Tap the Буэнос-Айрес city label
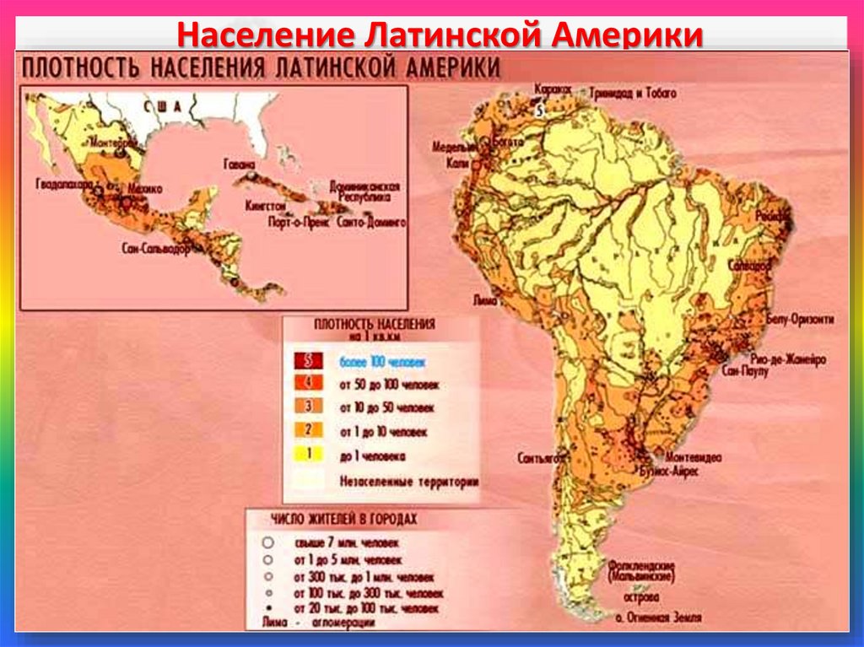click(x=669, y=471)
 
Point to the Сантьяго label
click(x=540, y=458)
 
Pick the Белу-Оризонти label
click(x=801, y=320)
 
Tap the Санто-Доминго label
click(x=371, y=224)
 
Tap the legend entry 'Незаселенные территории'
click(x=409, y=483)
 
